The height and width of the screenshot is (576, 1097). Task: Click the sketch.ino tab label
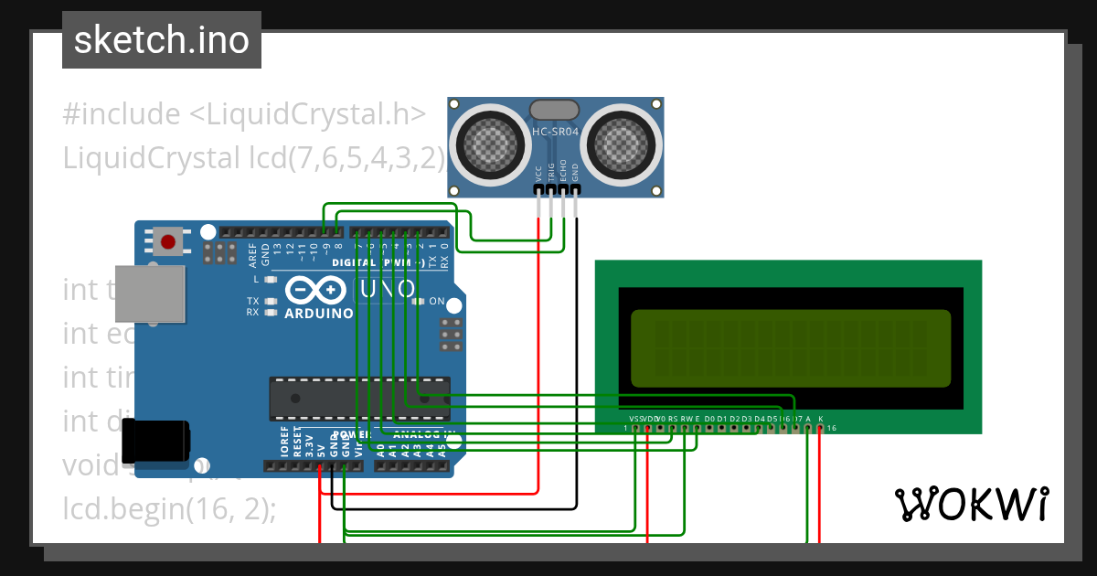pyautogui.click(x=162, y=40)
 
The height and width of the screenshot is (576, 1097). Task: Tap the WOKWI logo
pyautogui.click(x=971, y=504)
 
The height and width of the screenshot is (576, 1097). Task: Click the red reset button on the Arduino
pyautogui.click(x=168, y=242)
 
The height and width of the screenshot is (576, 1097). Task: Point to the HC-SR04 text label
pyautogui.click(x=556, y=132)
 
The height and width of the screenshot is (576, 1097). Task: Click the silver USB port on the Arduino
pyautogui.click(x=149, y=293)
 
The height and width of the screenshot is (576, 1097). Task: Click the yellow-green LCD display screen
pyautogui.click(x=791, y=348)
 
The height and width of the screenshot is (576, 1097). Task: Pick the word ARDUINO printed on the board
pyautogui.click(x=318, y=314)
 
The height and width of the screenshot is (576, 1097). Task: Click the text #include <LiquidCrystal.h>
pyautogui.click(x=244, y=114)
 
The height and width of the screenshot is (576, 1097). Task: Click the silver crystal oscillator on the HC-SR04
pyautogui.click(x=555, y=110)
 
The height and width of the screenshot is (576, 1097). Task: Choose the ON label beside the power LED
pyautogui.click(x=437, y=302)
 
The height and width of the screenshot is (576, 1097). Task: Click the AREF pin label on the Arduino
pyautogui.click(x=253, y=253)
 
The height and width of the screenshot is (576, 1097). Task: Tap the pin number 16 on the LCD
pyautogui.click(x=832, y=428)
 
